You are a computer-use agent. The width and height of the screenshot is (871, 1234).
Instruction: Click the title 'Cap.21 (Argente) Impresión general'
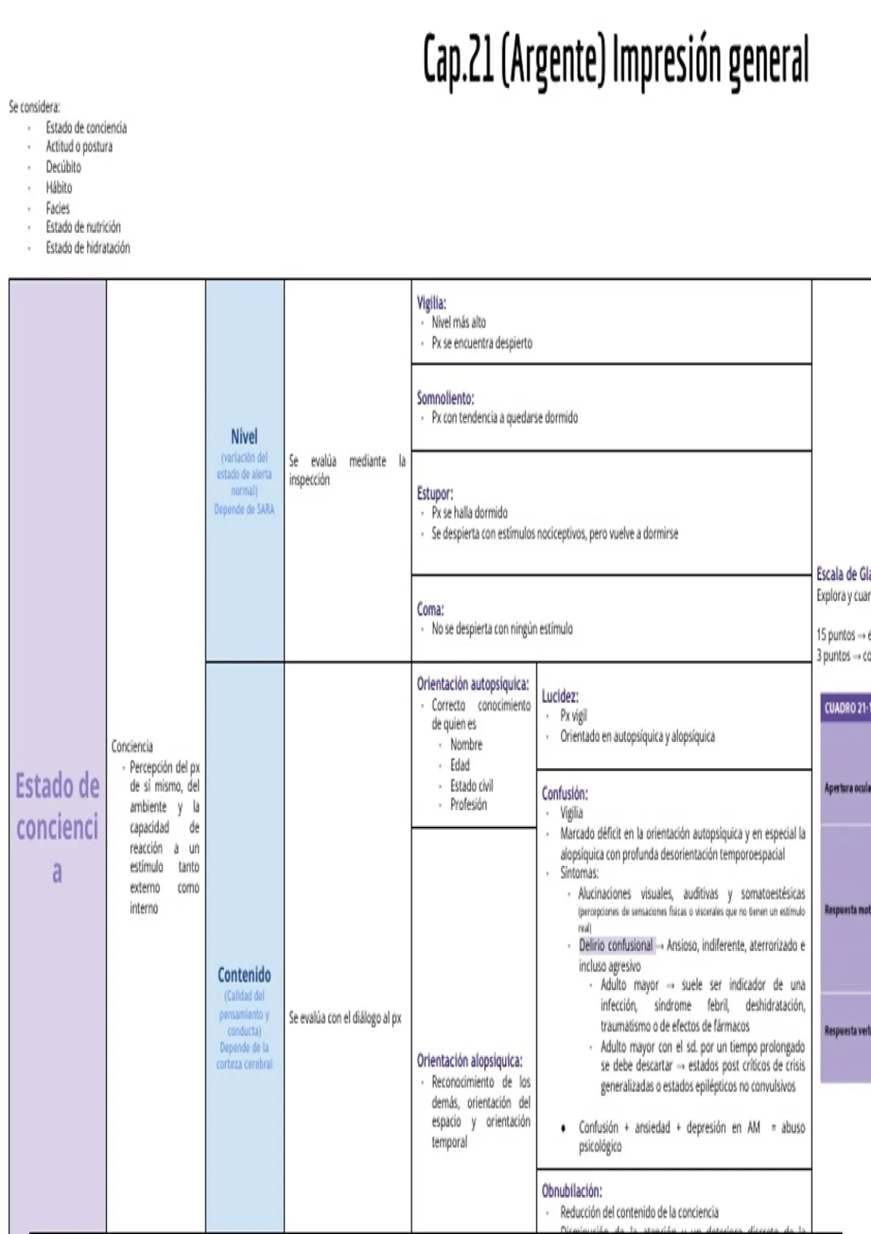pos(616,60)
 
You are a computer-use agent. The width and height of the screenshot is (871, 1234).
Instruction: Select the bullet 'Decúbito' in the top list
pos(63,167)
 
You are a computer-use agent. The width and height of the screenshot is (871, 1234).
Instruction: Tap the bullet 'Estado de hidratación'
pos(88,248)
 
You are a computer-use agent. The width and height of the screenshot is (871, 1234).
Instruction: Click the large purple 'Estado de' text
pos(57,787)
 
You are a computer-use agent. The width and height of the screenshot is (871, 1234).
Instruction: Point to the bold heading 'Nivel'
pos(244,436)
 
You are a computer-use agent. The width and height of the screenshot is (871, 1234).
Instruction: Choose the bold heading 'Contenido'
pos(244,975)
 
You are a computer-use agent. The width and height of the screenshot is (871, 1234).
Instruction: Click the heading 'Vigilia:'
pos(431,302)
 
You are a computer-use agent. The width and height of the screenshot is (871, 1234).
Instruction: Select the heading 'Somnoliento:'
pos(445,398)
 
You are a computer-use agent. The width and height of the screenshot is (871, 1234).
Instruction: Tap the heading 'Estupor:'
pos(435,494)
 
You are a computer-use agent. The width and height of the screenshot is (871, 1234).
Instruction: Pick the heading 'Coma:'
pos(430,609)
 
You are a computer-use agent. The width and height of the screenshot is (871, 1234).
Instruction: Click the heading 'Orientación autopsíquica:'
pos(473,684)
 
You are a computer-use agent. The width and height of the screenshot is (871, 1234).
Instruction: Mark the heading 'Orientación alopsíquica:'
pos(469,1061)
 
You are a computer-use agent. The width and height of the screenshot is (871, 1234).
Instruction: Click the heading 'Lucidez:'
pos(560,696)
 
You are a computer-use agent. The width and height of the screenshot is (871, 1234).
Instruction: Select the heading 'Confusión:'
pos(565,793)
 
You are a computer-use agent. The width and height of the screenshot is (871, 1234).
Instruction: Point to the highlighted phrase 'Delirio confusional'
pos(616,945)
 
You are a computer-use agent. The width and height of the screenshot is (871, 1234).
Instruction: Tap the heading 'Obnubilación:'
pos(571,1190)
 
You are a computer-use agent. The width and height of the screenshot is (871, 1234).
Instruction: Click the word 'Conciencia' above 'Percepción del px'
pos(132,746)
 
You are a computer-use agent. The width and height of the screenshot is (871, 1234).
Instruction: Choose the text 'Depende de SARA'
pos(244,510)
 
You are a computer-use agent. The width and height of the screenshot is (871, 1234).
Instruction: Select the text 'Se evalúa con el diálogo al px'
pos(345,1018)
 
